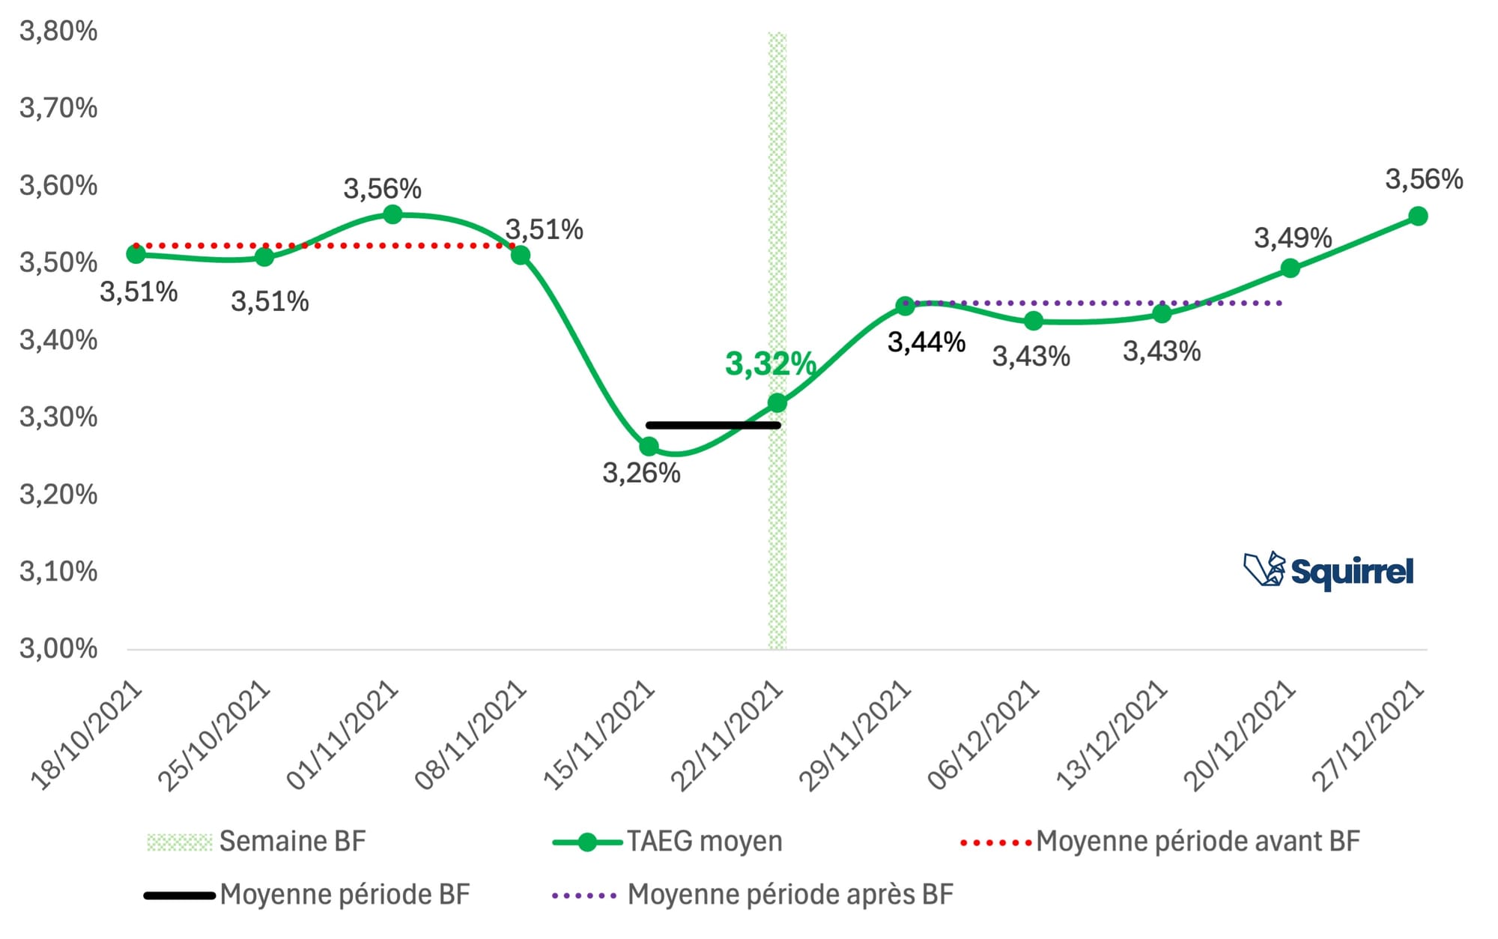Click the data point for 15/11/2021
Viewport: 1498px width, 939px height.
point(649,447)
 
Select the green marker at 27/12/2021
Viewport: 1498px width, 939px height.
point(1418,217)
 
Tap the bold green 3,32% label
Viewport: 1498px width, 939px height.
point(770,364)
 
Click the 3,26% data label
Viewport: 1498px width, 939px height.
point(641,474)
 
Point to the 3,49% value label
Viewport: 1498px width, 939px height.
point(1293,238)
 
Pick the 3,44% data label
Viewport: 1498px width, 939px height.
point(927,342)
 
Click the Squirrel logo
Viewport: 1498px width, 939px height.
point(1329,572)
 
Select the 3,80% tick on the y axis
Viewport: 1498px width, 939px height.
point(58,31)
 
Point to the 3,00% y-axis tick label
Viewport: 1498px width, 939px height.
point(58,648)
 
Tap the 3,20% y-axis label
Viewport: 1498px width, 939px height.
point(58,495)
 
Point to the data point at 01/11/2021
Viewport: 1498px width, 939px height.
point(392,215)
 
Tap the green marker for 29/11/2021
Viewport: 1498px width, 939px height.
point(905,306)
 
